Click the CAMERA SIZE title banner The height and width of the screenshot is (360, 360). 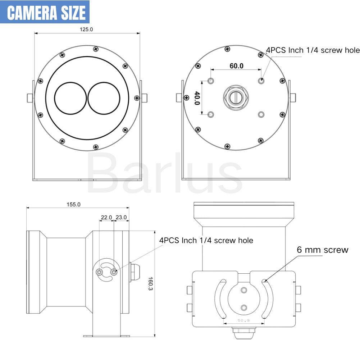(45, 12)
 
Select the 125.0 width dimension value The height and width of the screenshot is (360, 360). (86, 29)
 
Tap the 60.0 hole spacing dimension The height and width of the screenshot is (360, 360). (237, 66)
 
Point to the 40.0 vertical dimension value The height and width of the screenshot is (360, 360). (197, 98)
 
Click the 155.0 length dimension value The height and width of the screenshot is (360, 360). (73, 204)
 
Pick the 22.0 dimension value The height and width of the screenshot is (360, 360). (106, 217)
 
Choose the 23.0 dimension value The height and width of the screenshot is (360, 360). (121, 217)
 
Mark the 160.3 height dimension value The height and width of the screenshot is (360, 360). (150, 283)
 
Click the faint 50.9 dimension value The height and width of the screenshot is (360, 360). (243, 320)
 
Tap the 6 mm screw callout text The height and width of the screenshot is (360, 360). (322, 250)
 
